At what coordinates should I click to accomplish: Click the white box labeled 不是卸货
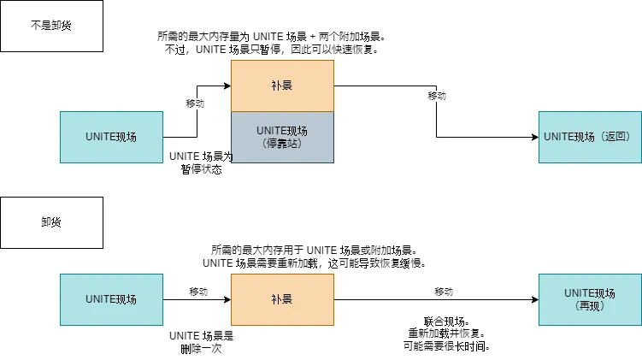51,26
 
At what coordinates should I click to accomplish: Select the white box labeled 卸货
51,222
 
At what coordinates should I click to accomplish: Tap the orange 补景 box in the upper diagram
282,86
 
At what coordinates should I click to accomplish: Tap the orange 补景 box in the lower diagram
282,299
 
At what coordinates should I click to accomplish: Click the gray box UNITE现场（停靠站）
282,137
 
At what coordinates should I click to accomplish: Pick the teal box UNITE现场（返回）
590,137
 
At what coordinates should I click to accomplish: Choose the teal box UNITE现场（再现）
590,299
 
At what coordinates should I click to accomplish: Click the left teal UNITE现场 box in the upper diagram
111,137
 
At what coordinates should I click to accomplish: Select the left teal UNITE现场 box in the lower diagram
111,299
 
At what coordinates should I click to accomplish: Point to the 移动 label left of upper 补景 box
196,103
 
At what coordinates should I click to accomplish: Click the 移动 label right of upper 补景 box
437,96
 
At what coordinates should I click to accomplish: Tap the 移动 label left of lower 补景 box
197,292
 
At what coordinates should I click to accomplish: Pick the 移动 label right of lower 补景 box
444,292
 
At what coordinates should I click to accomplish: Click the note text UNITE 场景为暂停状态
201,162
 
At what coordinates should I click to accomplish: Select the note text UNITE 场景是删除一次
201,342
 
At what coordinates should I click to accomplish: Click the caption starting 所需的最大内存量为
271,43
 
